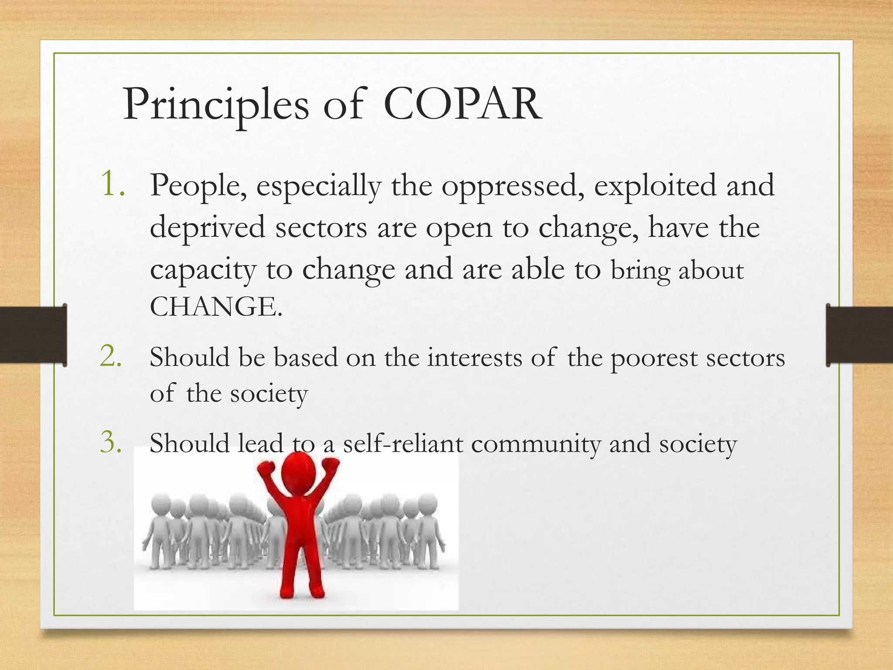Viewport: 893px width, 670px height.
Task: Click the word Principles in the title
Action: (x=216, y=105)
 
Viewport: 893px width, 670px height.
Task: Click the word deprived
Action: (x=208, y=228)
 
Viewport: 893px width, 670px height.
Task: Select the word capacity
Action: (x=203, y=270)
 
